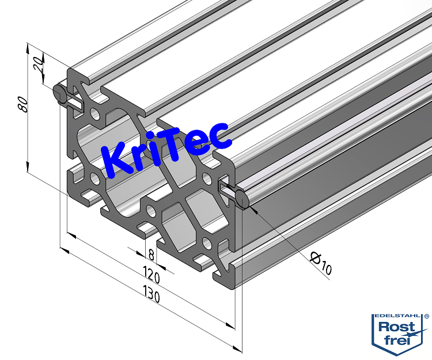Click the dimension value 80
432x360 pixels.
click(22, 104)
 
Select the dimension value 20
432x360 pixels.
click(38, 63)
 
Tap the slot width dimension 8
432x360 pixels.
click(151, 254)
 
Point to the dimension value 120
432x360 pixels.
click(151, 275)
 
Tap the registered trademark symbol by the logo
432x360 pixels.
click(426, 316)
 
